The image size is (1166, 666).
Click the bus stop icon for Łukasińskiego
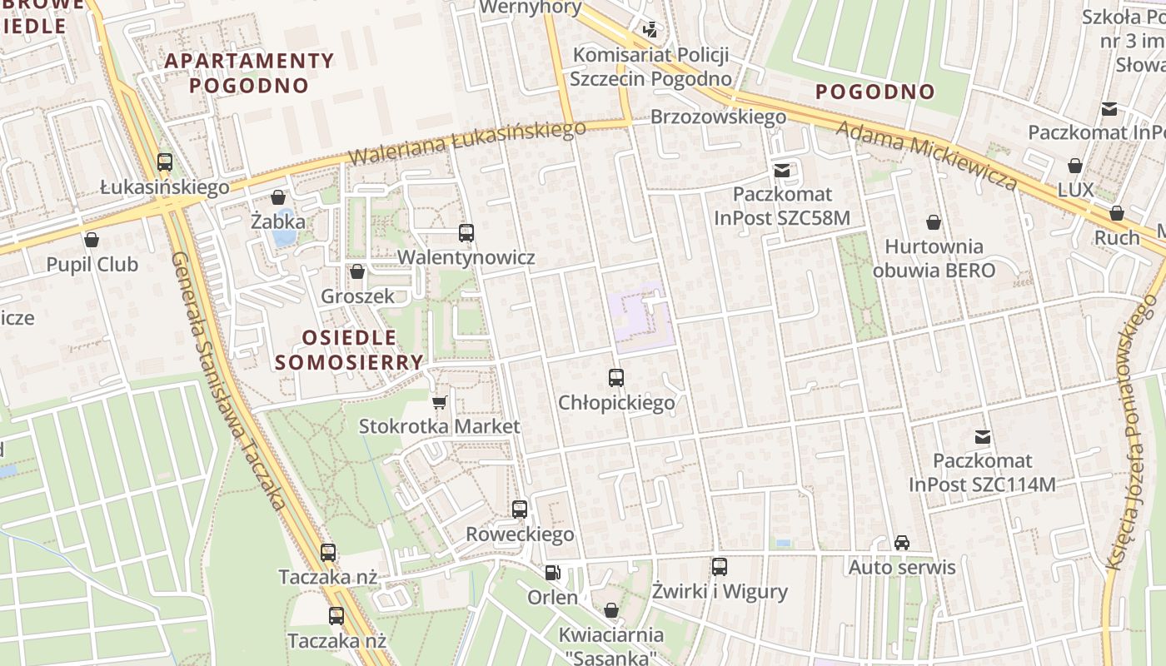(165, 162)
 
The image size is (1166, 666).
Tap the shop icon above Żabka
(277, 197)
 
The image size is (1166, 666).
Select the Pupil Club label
(92, 265)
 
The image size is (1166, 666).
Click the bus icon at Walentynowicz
(466, 233)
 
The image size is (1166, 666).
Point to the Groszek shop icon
(357, 271)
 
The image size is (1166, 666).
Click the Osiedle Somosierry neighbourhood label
(349, 350)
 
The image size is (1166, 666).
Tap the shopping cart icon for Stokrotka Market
(439, 403)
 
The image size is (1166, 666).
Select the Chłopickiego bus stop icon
(615, 378)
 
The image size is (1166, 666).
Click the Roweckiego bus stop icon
(519, 509)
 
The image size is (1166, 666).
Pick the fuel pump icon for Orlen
(552, 573)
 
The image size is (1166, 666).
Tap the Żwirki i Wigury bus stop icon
(720, 567)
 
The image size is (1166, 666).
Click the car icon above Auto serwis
(901, 543)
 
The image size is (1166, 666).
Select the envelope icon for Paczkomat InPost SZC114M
(982, 436)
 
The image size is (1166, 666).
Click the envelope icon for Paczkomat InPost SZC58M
(781, 170)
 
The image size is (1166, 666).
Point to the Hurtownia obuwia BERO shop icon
(933, 222)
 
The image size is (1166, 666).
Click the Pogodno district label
(874, 92)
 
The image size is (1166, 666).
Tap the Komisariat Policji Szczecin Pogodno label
(651, 67)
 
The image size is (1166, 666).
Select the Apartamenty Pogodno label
(249, 72)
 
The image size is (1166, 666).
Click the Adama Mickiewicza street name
(926, 156)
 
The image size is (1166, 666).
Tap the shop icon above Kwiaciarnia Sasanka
(610, 610)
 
